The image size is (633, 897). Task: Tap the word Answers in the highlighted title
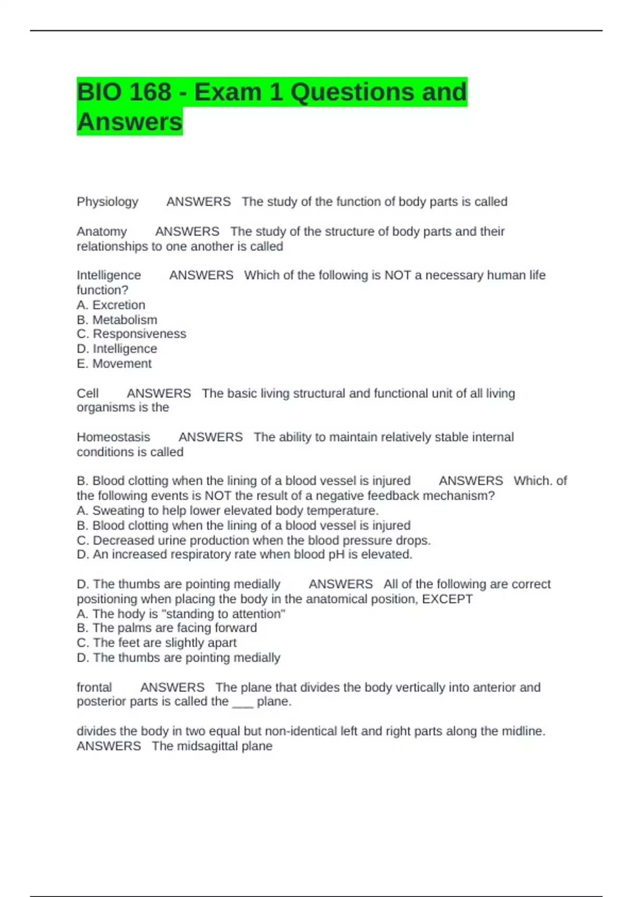tap(130, 122)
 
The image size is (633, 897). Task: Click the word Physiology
tap(108, 202)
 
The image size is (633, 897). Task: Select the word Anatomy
tap(102, 232)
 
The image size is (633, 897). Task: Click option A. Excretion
tap(111, 305)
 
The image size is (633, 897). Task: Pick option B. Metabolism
tap(117, 320)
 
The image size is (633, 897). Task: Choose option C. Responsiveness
tap(131, 334)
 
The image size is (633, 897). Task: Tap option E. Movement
tap(114, 364)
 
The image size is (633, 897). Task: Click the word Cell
tap(88, 394)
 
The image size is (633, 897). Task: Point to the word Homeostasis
tap(113, 437)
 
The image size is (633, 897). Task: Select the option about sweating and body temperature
tap(227, 511)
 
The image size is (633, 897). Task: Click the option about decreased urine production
tap(253, 540)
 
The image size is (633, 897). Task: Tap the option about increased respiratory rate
tap(244, 555)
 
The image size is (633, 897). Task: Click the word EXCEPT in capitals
tap(447, 599)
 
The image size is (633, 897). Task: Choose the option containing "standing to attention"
tap(181, 614)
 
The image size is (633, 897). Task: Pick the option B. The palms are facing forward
tap(167, 628)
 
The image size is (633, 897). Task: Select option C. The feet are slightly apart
tap(157, 643)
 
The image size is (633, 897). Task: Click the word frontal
tap(94, 688)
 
